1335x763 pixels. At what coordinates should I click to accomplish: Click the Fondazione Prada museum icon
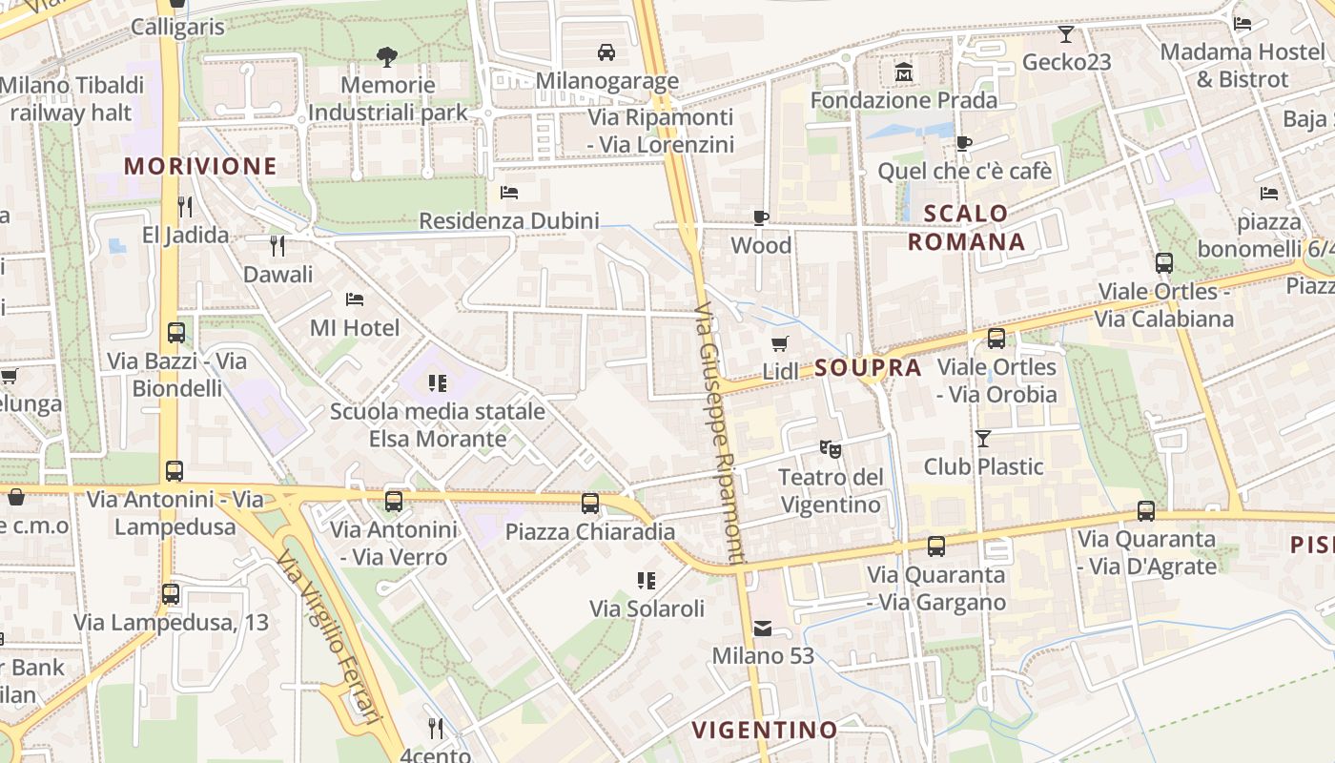(903, 72)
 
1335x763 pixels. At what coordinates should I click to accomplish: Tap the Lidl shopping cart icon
(780, 344)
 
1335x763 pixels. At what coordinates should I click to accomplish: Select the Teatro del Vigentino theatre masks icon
(830, 447)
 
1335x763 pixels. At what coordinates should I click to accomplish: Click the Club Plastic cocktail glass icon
(983, 439)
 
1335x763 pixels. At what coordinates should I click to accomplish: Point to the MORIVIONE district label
(200, 166)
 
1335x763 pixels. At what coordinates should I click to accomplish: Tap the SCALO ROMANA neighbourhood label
(966, 227)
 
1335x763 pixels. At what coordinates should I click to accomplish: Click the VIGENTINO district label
(765, 731)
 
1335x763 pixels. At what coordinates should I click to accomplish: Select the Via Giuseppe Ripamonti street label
(720, 434)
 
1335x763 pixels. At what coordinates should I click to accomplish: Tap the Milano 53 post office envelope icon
(763, 629)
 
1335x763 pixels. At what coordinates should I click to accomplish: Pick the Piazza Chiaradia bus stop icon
(590, 504)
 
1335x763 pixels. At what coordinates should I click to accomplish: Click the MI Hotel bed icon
(355, 299)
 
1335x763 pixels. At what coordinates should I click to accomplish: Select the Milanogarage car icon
(606, 52)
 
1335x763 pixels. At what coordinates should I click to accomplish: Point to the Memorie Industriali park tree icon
(386, 57)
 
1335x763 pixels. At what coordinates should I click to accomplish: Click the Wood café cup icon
(761, 217)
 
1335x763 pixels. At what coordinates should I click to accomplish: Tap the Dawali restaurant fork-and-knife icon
(277, 246)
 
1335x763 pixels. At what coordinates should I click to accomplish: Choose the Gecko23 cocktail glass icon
(1066, 34)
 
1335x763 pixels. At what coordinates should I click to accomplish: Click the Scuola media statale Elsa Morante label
(438, 425)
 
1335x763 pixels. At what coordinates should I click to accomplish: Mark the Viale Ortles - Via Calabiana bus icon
(1164, 263)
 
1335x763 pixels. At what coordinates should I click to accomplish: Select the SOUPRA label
(868, 368)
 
